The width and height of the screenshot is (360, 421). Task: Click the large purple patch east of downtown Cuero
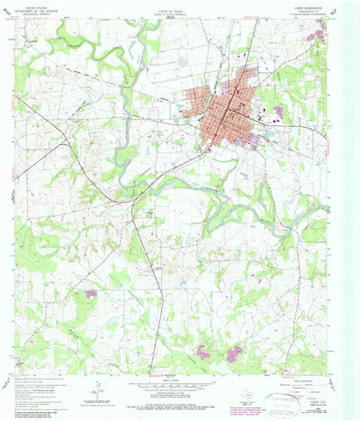(x=278, y=112)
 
